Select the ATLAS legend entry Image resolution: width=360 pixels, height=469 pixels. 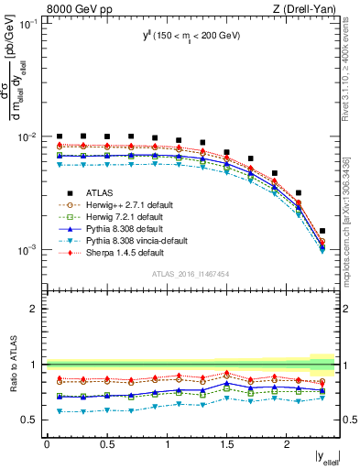click(x=100, y=192)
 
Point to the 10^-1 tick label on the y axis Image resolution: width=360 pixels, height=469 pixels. click(x=29, y=24)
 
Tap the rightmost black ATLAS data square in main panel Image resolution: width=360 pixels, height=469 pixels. click(x=322, y=232)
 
